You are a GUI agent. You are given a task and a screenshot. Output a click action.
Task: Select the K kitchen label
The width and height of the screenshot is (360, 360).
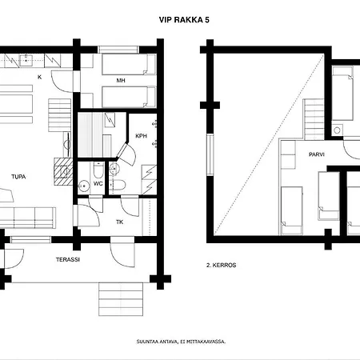(39, 78)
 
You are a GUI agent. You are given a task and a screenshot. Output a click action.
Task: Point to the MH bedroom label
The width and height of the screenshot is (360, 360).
(120, 80)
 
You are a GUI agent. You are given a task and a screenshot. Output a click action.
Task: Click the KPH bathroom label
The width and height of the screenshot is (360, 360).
(141, 135)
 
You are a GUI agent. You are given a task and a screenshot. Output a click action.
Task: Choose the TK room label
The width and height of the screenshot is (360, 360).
(119, 222)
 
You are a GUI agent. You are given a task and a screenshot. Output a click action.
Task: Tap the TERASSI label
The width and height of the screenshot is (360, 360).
(66, 260)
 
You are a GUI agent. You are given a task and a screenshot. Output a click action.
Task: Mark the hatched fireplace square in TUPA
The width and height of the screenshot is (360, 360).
(62, 170)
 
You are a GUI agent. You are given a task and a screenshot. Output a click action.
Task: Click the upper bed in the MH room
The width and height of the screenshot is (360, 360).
(125, 63)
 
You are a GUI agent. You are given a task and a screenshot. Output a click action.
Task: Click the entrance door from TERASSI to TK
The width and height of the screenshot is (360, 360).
(122, 254)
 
